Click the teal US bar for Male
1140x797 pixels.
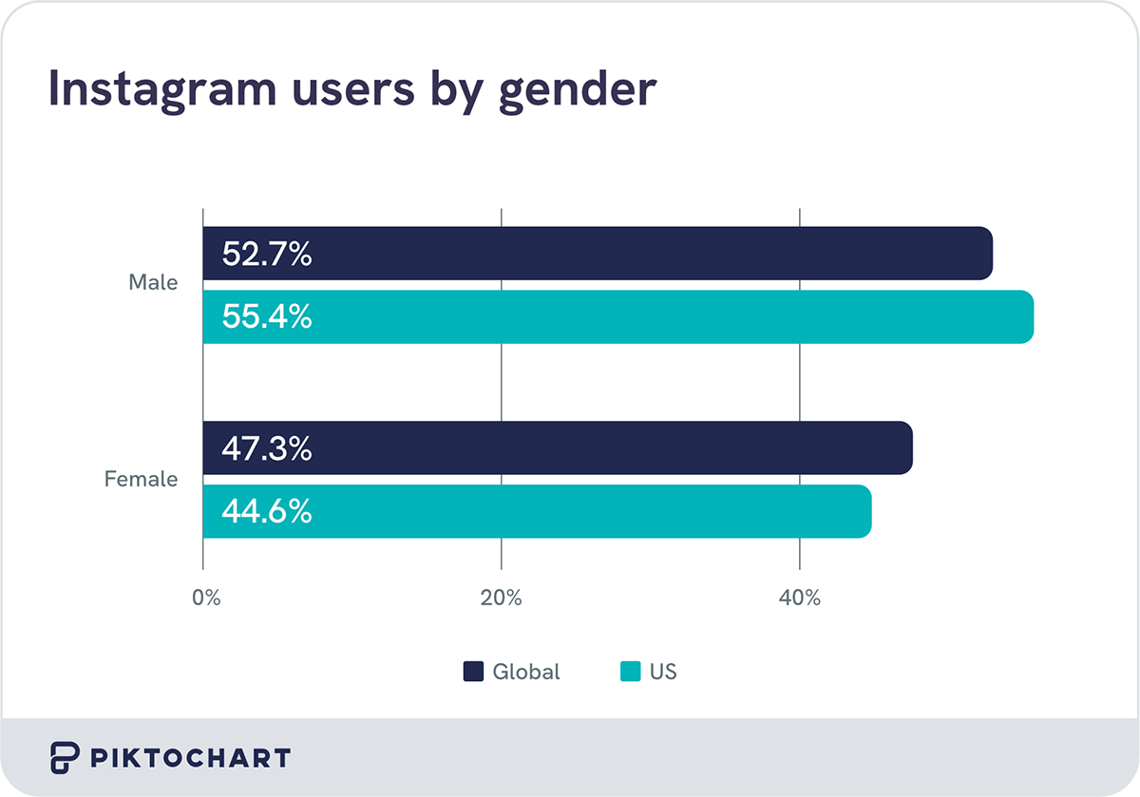coord(665,317)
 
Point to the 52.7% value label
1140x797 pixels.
coord(267,254)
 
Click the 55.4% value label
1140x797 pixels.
coord(267,317)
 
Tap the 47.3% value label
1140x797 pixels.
coord(267,448)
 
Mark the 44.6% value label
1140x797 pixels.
coord(267,512)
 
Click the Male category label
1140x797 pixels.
coord(153,282)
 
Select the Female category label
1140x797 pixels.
coord(141,479)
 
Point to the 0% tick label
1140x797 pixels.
coord(205,598)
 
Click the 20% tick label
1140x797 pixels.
coord(501,598)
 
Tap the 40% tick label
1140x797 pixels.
coord(799,598)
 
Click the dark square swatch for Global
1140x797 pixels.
coord(473,672)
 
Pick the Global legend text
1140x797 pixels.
coord(525,672)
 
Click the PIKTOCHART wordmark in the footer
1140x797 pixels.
coord(190,758)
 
